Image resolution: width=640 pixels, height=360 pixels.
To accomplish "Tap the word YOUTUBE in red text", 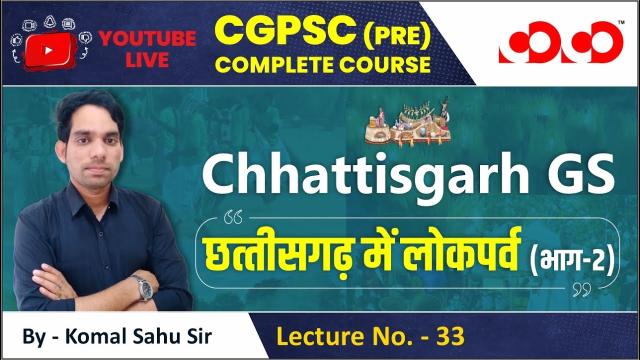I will tap(147, 39).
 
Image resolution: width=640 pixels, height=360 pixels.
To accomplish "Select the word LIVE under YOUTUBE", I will tap(147, 60).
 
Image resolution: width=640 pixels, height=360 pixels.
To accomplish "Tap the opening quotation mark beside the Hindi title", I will tap(234, 218).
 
